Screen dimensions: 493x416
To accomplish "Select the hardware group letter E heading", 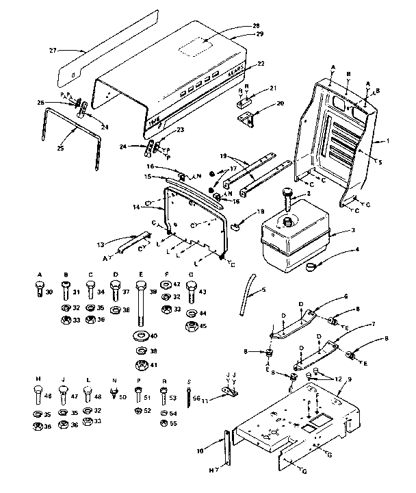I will click(140, 274).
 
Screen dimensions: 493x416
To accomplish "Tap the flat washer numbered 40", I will click(140, 336).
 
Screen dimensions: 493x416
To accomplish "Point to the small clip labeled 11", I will click(226, 395).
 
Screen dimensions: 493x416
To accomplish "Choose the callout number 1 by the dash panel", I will click(388, 140).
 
